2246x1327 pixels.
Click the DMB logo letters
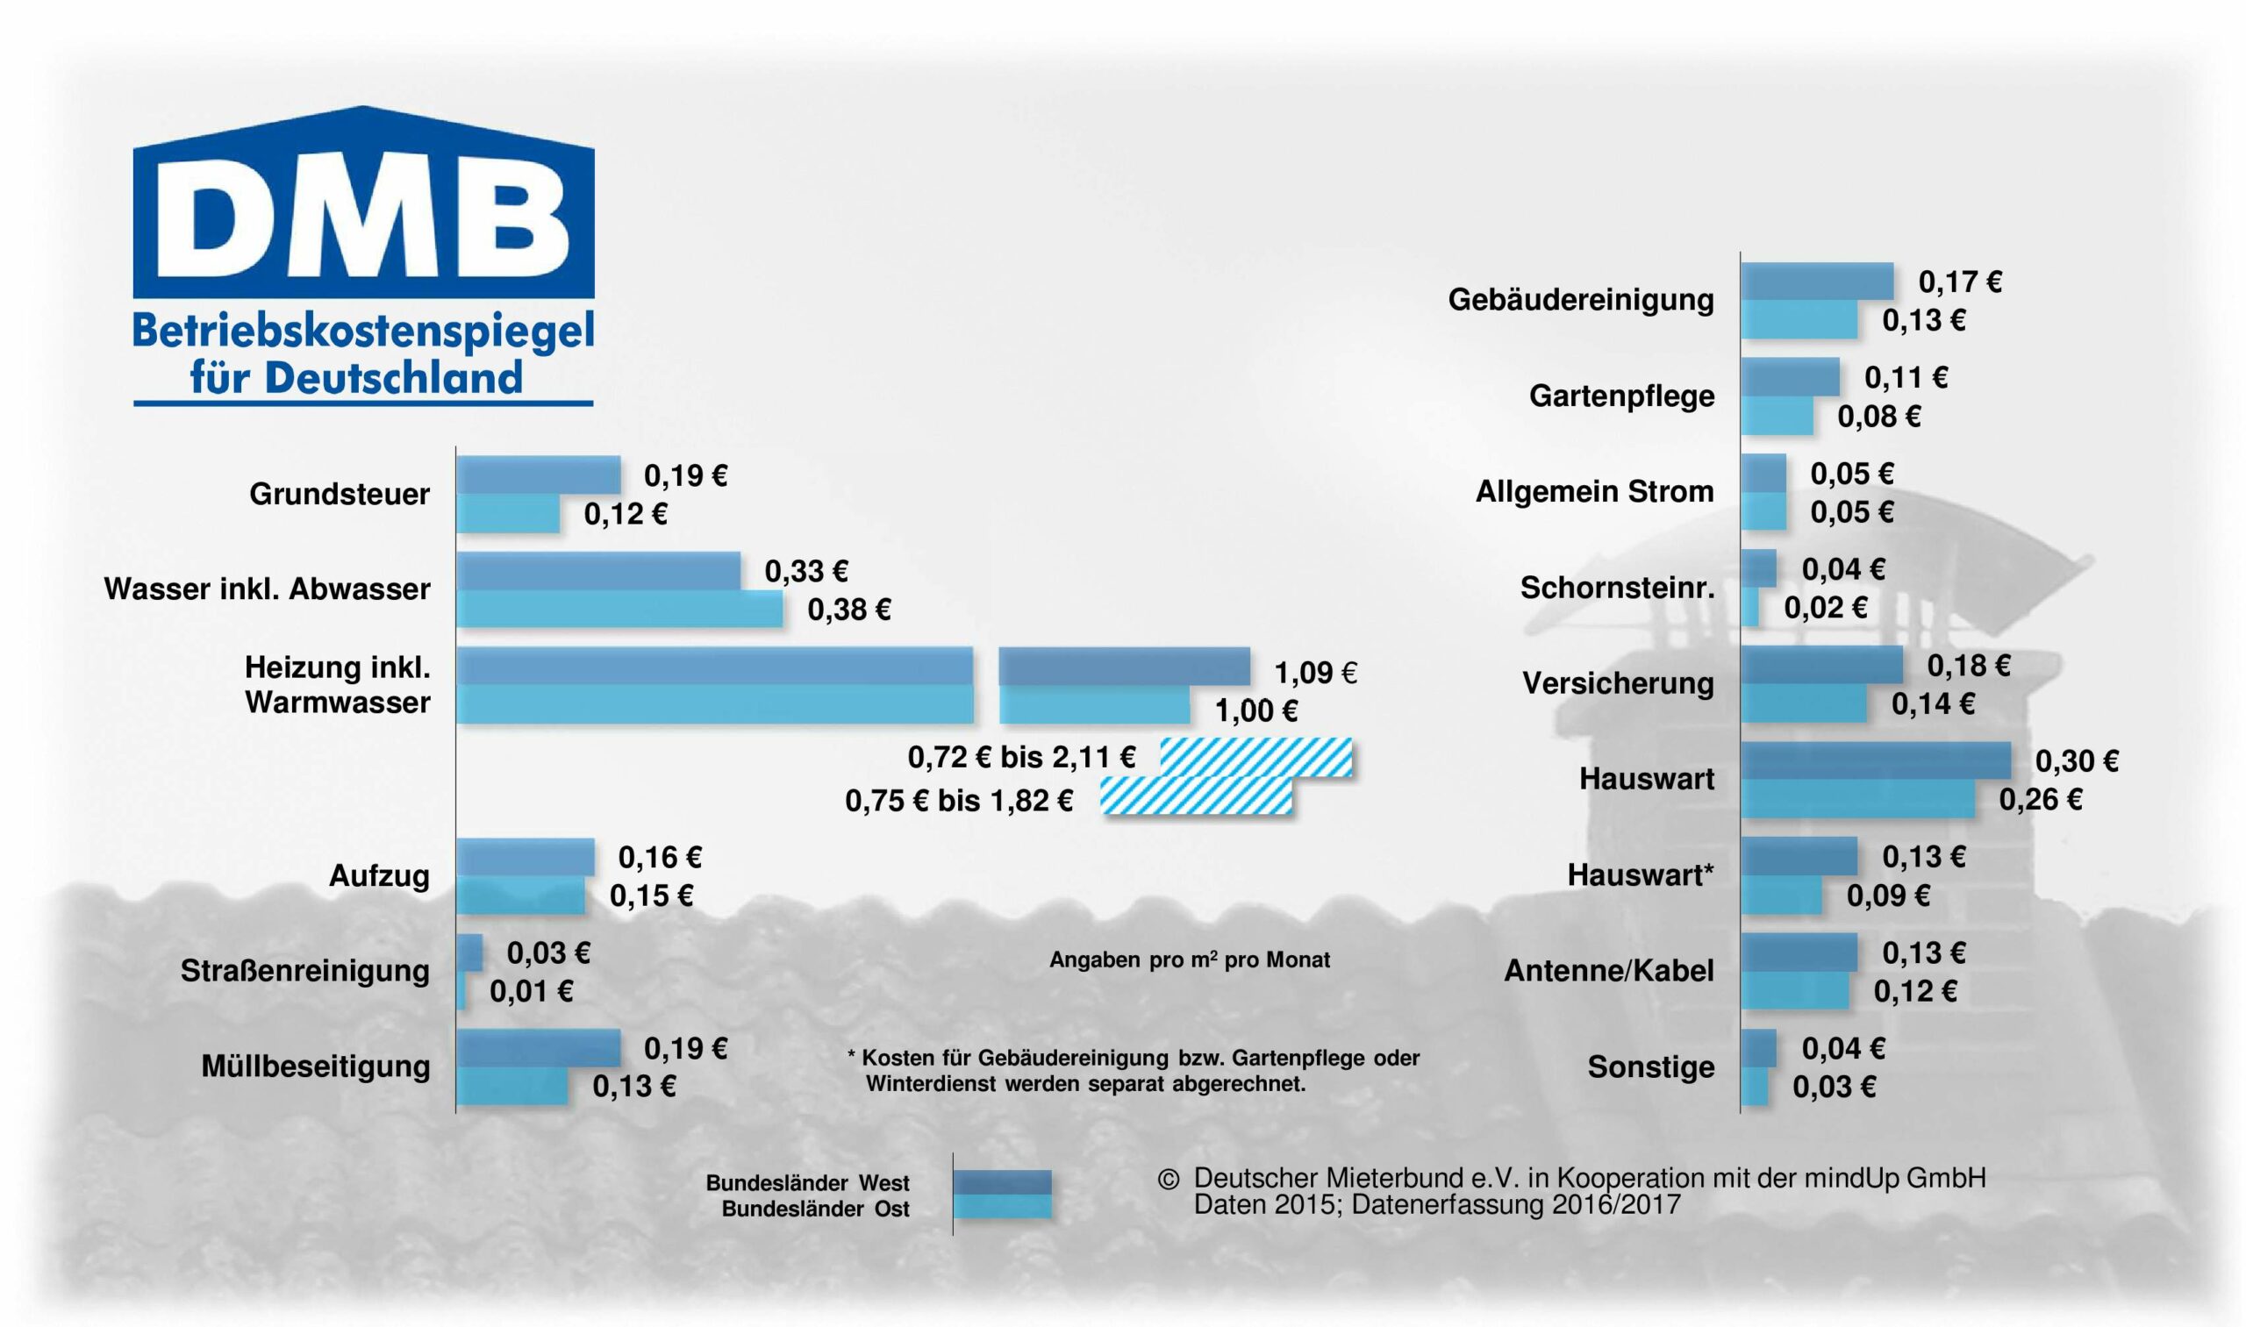click(362, 219)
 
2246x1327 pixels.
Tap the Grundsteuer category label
click(339, 494)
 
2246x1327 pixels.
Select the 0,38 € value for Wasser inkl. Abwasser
click(849, 610)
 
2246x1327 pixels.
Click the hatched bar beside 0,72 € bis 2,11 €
click(1255, 758)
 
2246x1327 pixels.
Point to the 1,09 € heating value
click(1315, 673)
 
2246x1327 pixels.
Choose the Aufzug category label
click(379, 875)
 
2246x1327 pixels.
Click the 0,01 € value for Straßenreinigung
click(531, 992)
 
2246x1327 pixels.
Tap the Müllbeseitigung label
click(315, 1066)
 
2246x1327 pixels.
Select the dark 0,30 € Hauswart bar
click(1875, 761)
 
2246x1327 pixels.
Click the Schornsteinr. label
click(1617, 588)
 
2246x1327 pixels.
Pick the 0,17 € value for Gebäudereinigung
click(1960, 282)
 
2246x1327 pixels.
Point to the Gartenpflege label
click(1621, 396)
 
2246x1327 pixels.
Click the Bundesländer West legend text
click(807, 1183)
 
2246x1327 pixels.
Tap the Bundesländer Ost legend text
click(815, 1209)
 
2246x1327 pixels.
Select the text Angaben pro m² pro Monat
click(1189, 960)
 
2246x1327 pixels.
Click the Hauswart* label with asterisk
click(1641, 874)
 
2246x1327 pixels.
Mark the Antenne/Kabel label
click(1608, 970)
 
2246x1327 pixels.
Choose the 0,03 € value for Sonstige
click(1834, 1088)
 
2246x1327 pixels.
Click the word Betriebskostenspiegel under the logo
click(363, 331)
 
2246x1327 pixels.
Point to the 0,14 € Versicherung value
click(1932, 704)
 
